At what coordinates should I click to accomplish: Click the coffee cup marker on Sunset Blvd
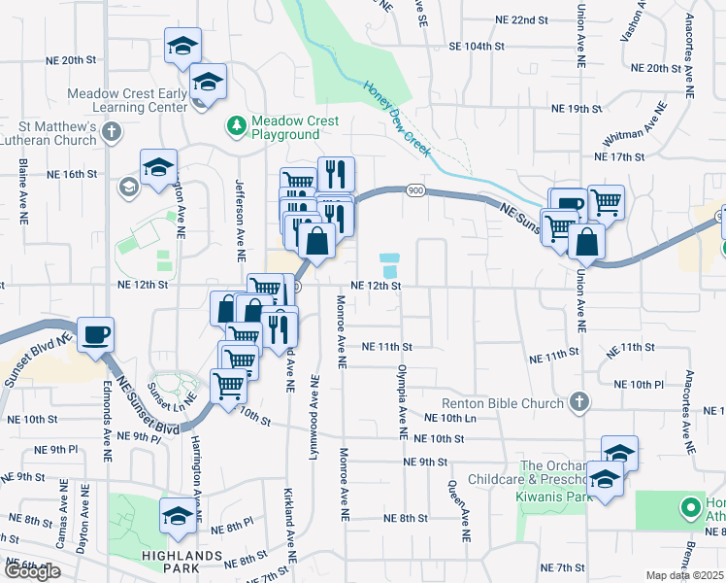coord(95,334)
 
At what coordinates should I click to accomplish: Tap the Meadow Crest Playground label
coord(295,127)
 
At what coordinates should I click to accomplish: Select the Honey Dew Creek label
coord(399,112)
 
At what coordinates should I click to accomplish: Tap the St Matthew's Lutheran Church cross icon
coord(113,131)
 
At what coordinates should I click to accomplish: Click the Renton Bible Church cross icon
coord(578,401)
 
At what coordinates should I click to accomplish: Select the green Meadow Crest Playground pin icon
coord(236,125)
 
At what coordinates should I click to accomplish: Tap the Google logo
coord(32,571)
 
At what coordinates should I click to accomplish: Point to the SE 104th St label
coord(477,46)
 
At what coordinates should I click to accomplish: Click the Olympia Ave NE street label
coord(401,399)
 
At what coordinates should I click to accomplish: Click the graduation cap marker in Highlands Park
coord(178,517)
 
